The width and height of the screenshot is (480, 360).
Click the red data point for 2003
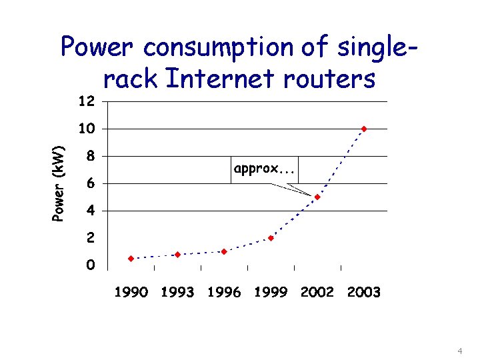coord(364,129)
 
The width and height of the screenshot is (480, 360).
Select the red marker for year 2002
coord(317,197)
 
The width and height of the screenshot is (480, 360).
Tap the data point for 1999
coord(271,238)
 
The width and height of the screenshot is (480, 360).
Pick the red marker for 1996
coord(224,251)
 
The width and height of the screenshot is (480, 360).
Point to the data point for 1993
coord(177,255)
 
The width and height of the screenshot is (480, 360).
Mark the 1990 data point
coord(131,258)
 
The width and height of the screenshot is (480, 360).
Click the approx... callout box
coord(265,169)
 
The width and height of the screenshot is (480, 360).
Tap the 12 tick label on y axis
coord(87,101)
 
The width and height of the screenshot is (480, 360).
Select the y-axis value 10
coord(87,129)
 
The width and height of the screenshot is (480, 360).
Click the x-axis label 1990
coord(131,292)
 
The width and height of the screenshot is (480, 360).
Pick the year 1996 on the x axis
coord(224,292)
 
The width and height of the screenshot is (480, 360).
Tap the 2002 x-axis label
coord(317,292)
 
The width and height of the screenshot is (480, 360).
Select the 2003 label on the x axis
coord(364,292)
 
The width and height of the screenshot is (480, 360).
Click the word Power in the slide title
coord(99,48)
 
